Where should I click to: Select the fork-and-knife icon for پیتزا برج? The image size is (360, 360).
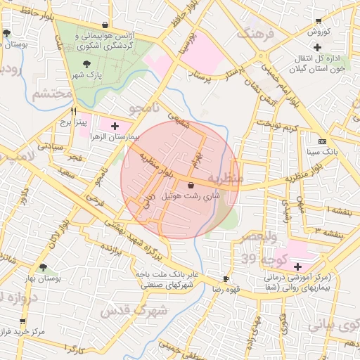[74, 111]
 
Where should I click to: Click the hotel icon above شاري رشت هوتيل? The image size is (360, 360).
[191, 185]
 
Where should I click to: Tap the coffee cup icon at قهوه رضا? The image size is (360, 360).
[226, 278]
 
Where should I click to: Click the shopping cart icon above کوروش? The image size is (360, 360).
[319, 21]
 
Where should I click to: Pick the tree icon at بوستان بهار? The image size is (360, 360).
[44, 267]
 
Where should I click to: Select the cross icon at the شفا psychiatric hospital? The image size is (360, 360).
[298, 266]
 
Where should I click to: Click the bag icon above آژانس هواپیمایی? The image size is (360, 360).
[105, 24]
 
